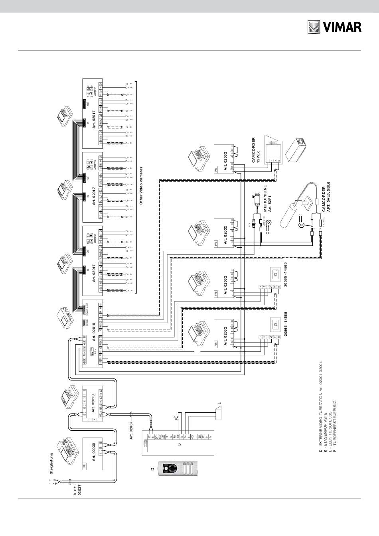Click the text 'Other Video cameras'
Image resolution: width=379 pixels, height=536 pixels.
pos(141,185)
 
